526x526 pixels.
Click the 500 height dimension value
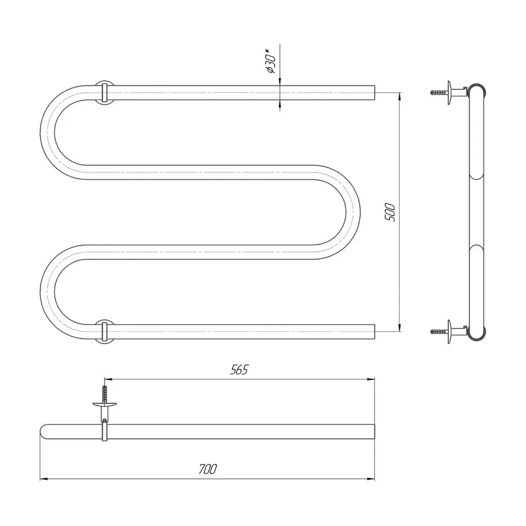click(x=390, y=212)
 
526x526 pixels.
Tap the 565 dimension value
click(x=239, y=370)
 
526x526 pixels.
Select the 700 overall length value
click(x=208, y=469)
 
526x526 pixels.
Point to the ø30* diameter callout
click(x=270, y=60)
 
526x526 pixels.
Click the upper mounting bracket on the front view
click(x=104, y=93)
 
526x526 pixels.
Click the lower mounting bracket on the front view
click(x=104, y=331)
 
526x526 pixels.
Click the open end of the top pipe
click(x=375, y=93)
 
